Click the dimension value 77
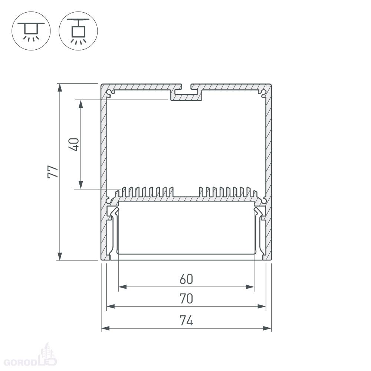pyautogui.click(x=53, y=172)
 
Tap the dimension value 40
pyautogui.click(x=73, y=144)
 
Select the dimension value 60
pyautogui.click(x=186, y=279)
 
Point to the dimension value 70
pyautogui.click(x=186, y=298)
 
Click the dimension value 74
pyautogui.click(x=186, y=321)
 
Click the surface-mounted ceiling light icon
pyautogui.click(x=31, y=31)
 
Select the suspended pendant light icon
pyautogui.click(x=78, y=31)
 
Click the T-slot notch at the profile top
pyautogui.click(x=186, y=89)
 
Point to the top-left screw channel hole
pyautogui.click(x=110, y=93)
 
